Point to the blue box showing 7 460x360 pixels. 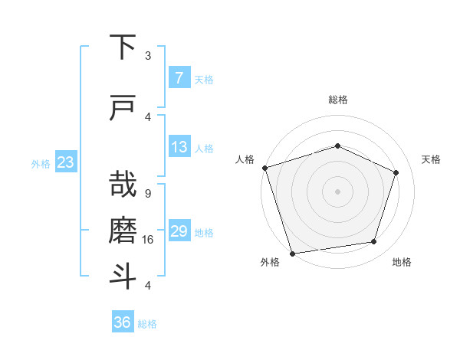[x=179, y=78]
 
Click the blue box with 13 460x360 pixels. [x=179, y=147]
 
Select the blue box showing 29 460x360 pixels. [x=179, y=232]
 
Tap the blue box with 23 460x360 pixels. [x=66, y=162]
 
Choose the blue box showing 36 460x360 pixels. [x=123, y=322]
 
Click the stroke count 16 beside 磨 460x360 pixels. [x=149, y=240]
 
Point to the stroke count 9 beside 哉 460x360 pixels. [x=147, y=194]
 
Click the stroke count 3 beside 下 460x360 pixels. [x=147, y=56]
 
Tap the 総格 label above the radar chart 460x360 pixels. [x=337, y=100]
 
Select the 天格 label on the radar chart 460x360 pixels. [x=431, y=159]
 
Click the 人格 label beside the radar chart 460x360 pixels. [x=245, y=159]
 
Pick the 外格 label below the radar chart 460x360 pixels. [x=270, y=263]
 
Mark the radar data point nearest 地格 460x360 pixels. [x=374, y=242]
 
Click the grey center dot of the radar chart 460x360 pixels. [x=337, y=191]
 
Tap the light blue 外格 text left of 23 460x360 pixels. [x=41, y=163]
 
